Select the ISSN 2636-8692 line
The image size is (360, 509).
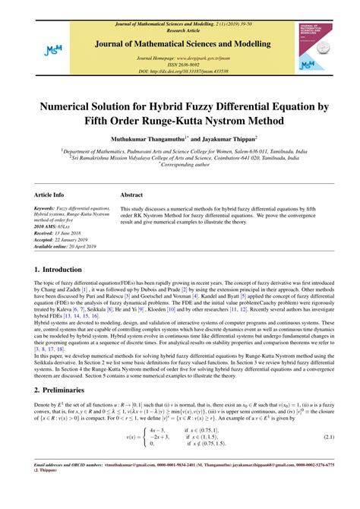(x=179, y=64)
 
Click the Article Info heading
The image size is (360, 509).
(x=49, y=194)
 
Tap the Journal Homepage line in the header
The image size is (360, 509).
(x=179, y=57)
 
